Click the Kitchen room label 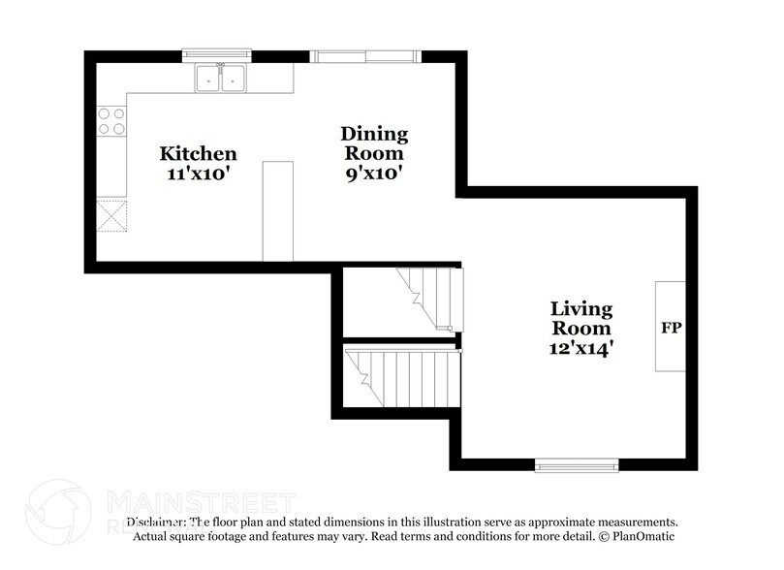198,153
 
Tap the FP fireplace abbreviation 671,328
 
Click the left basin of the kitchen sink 208,79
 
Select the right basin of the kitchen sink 233,79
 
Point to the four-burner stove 111,120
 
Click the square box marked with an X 111,215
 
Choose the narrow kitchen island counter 278,211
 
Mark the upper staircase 432,297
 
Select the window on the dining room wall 364,54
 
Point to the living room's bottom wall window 577,465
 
